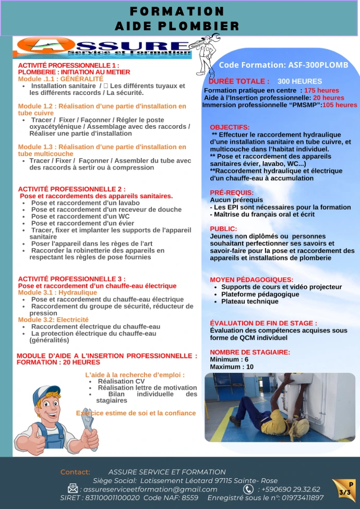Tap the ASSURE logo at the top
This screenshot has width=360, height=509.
click(104, 47)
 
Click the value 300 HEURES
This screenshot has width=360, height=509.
click(299, 81)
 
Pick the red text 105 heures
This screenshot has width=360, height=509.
click(340, 105)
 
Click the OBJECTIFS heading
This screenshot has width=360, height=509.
click(230, 127)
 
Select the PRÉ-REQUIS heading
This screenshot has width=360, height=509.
click(232, 192)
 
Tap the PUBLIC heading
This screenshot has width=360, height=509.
click(223, 228)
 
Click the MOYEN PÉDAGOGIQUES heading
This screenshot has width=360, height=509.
click(251, 280)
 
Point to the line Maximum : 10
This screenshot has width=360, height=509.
click(232, 367)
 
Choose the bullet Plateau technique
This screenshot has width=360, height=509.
click(249, 301)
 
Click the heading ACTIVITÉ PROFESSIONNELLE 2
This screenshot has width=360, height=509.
click(72, 189)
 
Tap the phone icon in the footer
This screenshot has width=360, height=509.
click(248, 489)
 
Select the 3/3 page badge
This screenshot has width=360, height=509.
click(345, 491)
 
